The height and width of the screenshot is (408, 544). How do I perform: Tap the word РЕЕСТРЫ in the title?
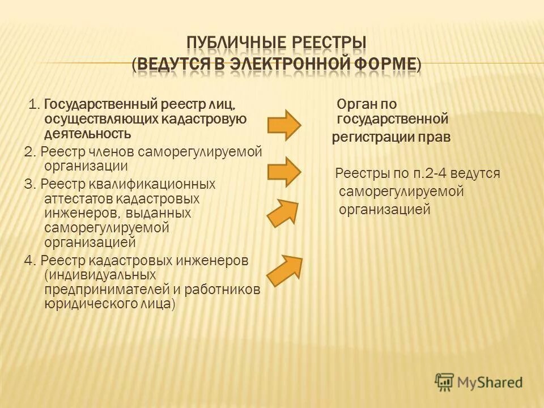[328, 44]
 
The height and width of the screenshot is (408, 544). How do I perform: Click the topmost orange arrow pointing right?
[284, 125]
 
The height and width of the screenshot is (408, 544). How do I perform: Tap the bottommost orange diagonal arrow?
[285, 270]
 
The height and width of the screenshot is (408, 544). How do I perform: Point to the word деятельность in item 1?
[87, 134]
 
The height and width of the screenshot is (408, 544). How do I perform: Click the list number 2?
[29, 152]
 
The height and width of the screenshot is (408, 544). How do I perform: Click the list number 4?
[29, 260]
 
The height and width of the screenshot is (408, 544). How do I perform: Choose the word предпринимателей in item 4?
[106, 289]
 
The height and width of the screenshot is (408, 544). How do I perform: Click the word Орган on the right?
[355, 104]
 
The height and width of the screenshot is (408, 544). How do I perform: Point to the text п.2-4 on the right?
[423, 173]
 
